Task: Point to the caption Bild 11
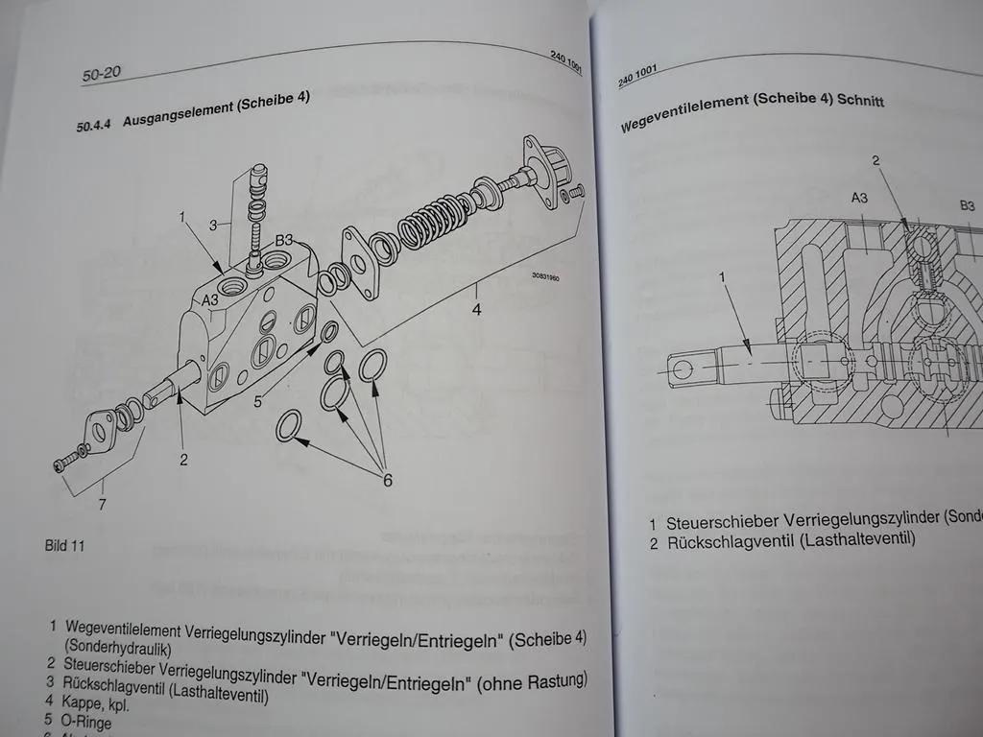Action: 64,545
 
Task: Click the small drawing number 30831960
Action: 545,279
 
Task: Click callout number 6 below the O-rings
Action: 387,480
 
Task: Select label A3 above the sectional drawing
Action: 860,198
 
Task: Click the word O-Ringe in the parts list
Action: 89,720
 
